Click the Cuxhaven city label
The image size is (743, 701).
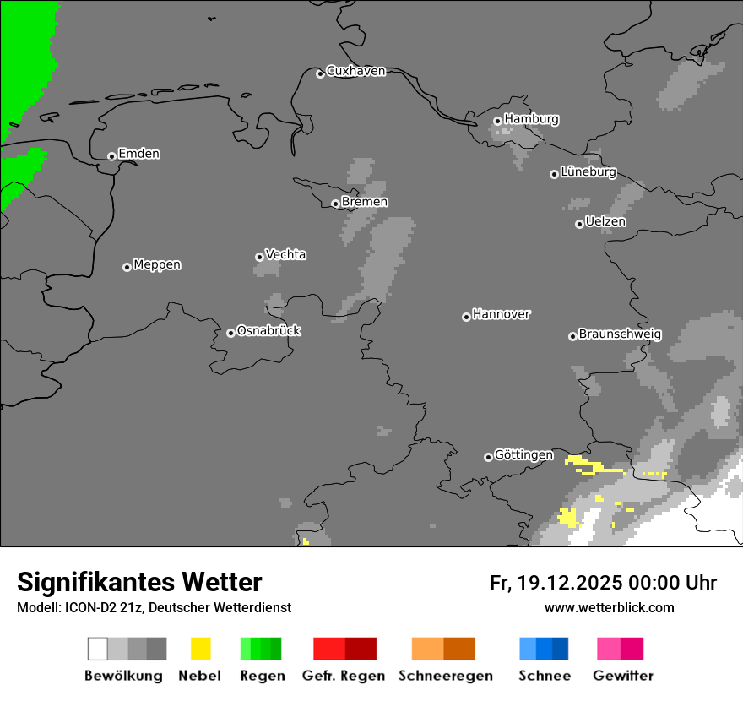(355, 71)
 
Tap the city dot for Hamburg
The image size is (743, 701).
(497, 121)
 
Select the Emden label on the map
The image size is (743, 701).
(138, 154)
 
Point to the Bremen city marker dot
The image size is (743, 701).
(335, 204)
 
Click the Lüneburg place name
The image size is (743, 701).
(588, 172)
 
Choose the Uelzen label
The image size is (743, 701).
(605, 222)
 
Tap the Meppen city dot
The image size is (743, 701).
(127, 267)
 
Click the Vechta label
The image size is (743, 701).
(285, 254)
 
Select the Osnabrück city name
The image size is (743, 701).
(268, 331)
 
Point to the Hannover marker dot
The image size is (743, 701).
(466, 317)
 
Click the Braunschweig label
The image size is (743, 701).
(620, 334)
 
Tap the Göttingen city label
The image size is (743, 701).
(523, 455)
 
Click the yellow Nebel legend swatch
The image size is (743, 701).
(200, 649)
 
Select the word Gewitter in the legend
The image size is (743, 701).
(623, 676)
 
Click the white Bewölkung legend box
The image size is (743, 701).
(98, 649)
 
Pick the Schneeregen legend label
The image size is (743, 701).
(446, 676)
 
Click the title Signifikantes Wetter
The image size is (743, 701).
(139, 582)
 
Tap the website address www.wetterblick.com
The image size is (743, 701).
(609, 607)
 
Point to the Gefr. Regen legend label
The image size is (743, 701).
(343, 676)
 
